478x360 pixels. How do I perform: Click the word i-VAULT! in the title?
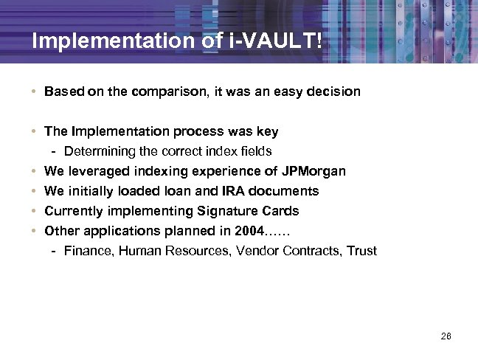point(280,41)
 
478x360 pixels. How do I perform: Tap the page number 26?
point(445,336)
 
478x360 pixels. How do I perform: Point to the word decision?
point(334,92)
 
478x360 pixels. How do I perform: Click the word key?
point(268,132)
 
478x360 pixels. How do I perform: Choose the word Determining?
point(98,152)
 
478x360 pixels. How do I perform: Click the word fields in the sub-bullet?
point(256,152)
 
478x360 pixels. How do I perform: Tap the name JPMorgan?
point(314,172)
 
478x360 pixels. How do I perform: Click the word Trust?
point(361,252)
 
